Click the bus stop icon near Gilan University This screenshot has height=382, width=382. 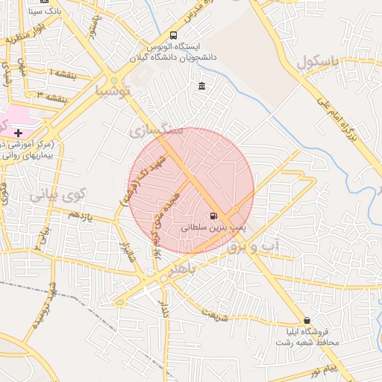(174, 35)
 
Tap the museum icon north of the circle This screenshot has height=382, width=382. (202, 87)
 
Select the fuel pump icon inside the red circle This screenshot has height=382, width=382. (215, 216)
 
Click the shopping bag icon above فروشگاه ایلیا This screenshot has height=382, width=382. (307, 320)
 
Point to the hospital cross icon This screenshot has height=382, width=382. (18, 132)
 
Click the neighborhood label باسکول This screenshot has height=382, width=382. (323, 64)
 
